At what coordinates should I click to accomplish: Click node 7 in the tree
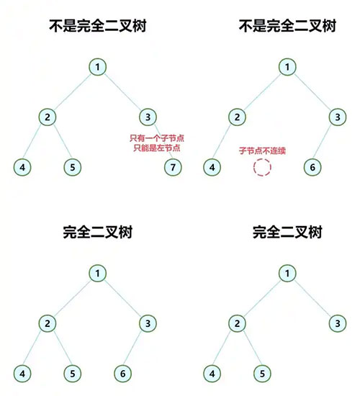pyautogui.click(x=173, y=167)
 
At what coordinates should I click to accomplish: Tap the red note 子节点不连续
pyautogui.click(x=262, y=150)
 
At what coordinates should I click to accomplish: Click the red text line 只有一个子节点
pyautogui.click(x=157, y=138)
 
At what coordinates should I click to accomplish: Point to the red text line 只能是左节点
pyautogui.click(x=157, y=148)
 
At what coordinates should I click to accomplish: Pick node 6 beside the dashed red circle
pyautogui.click(x=312, y=167)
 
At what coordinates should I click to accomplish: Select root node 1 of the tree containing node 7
pyautogui.click(x=97, y=67)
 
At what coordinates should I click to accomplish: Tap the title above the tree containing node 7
pyautogui.click(x=98, y=26)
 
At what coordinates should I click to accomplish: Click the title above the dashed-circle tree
pyautogui.click(x=287, y=26)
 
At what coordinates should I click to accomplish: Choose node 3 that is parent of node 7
pyautogui.click(x=148, y=117)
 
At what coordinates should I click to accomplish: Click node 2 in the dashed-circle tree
pyautogui.click(x=237, y=117)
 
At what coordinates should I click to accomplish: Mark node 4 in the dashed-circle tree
pyautogui.click(x=212, y=167)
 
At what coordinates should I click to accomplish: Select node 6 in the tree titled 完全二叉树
pyautogui.click(x=123, y=374)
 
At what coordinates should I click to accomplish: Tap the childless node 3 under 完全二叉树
pyautogui.click(x=338, y=323)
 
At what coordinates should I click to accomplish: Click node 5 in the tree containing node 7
pyautogui.click(x=73, y=167)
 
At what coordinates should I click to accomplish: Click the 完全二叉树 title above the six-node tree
pyautogui.click(x=98, y=232)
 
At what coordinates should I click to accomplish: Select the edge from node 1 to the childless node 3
pyautogui.click(x=312, y=298)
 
